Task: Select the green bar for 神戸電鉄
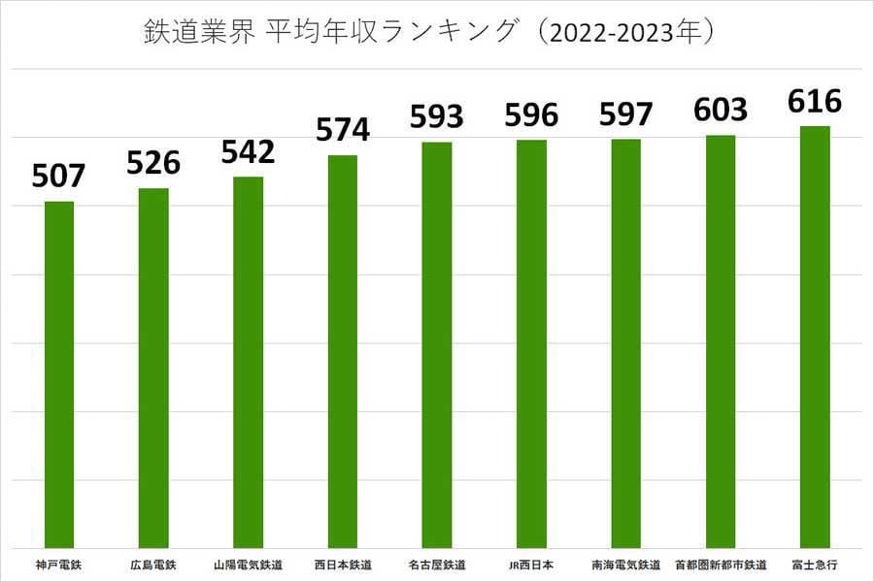click(x=59, y=373)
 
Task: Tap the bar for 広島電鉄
click(x=153, y=367)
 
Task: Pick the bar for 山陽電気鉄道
click(x=248, y=361)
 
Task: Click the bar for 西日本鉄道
click(x=343, y=350)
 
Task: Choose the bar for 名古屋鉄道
click(x=437, y=344)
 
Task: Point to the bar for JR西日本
click(x=531, y=343)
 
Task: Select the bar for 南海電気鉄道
click(x=626, y=342)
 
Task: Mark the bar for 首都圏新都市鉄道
click(x=721, y=340)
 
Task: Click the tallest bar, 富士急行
click(x=815, y=336)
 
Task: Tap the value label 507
click(x=59, y=177)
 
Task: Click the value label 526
click(x=153, y=163)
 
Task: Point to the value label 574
click(x=343, y=130)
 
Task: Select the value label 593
click(x=437, y=117)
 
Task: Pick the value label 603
click(x=721, y=110)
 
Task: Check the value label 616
click(x=815, y=101)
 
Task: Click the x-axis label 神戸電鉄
click(x=58, y=564)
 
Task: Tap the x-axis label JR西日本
click(x=531, y=564)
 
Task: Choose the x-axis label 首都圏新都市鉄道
click(x=721, y=564)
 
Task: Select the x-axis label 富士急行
click(x=815, y=564)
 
